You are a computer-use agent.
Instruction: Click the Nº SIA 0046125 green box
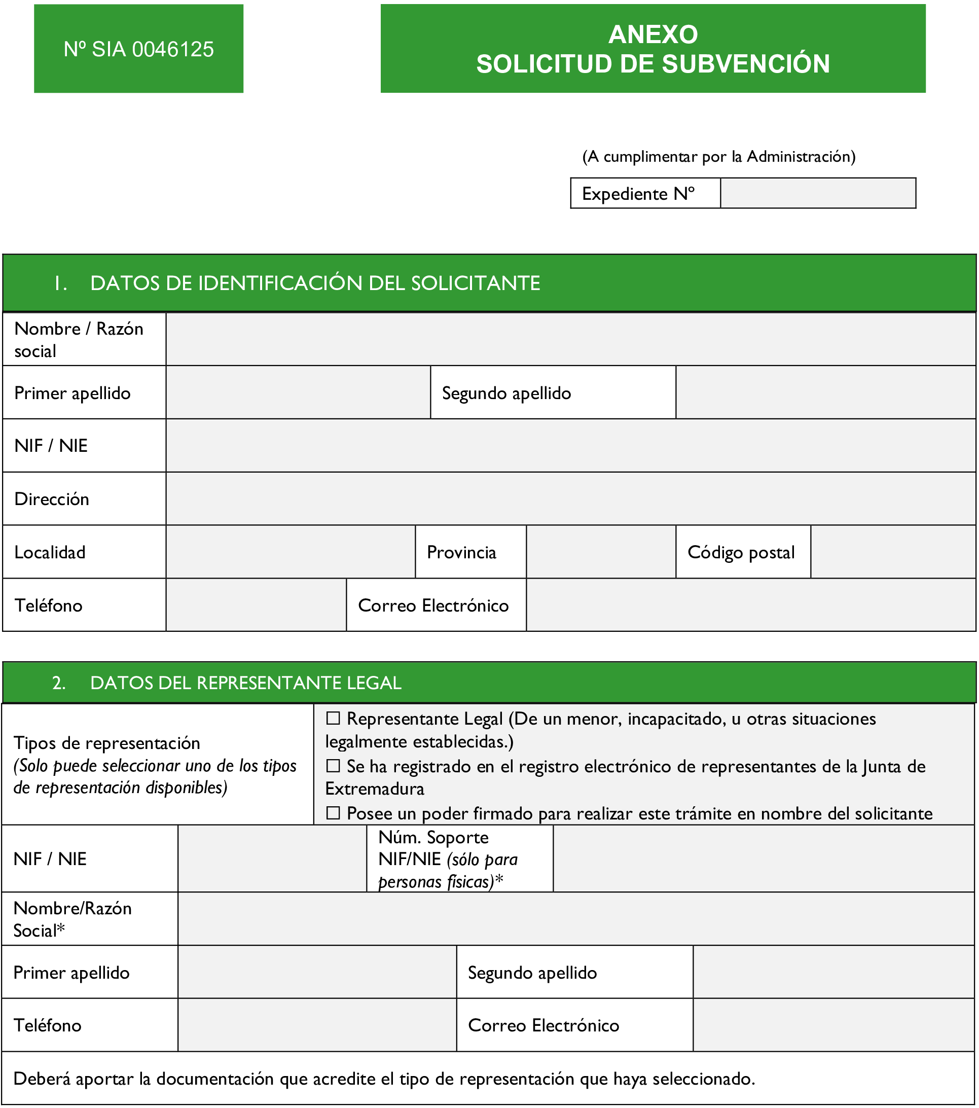138,49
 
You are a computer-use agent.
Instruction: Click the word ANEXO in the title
652,34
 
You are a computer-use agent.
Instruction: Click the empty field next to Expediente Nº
817,193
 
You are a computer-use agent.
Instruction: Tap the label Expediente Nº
638,194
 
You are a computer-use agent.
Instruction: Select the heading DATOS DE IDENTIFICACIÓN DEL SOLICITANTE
315,283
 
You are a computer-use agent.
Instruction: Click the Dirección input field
570,498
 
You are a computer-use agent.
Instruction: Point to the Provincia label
461,552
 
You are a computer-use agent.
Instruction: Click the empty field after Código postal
893,552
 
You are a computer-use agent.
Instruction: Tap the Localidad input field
291,552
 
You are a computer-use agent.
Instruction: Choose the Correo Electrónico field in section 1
751,605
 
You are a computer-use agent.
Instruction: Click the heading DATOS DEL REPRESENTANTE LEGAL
245,683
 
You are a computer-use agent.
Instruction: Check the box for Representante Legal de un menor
333,719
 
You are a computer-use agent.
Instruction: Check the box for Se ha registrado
333,766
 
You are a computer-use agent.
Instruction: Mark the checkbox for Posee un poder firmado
333,813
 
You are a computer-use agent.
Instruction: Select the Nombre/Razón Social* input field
576,919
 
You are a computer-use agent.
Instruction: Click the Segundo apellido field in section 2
833,973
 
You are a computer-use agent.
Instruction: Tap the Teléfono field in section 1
256,605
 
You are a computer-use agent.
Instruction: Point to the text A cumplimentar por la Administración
719,157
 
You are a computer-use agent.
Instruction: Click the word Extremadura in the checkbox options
375,789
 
